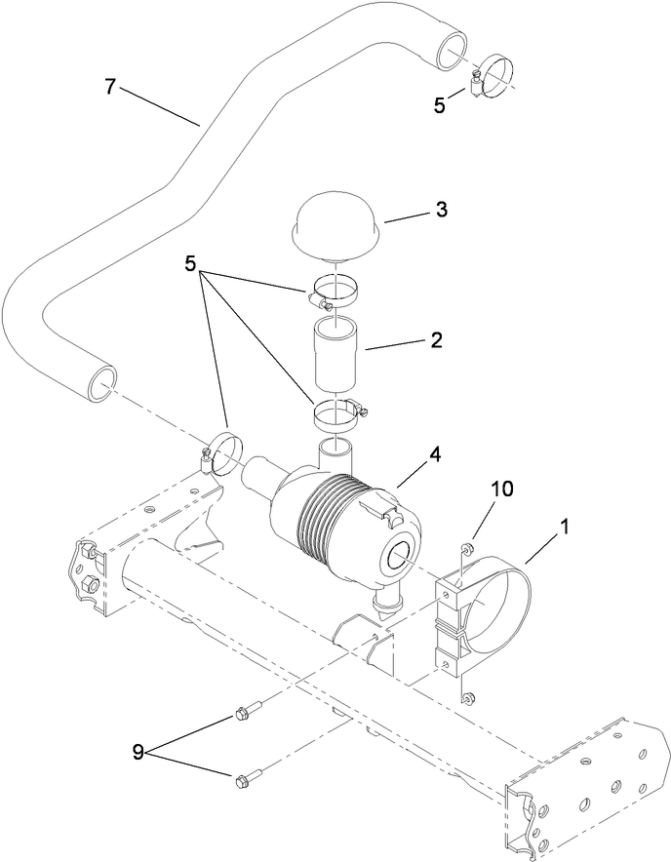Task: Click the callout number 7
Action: coord(110,87)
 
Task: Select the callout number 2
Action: coord(435,340)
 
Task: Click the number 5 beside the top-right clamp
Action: coord(440,104)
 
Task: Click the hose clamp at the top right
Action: coord(493,71)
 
